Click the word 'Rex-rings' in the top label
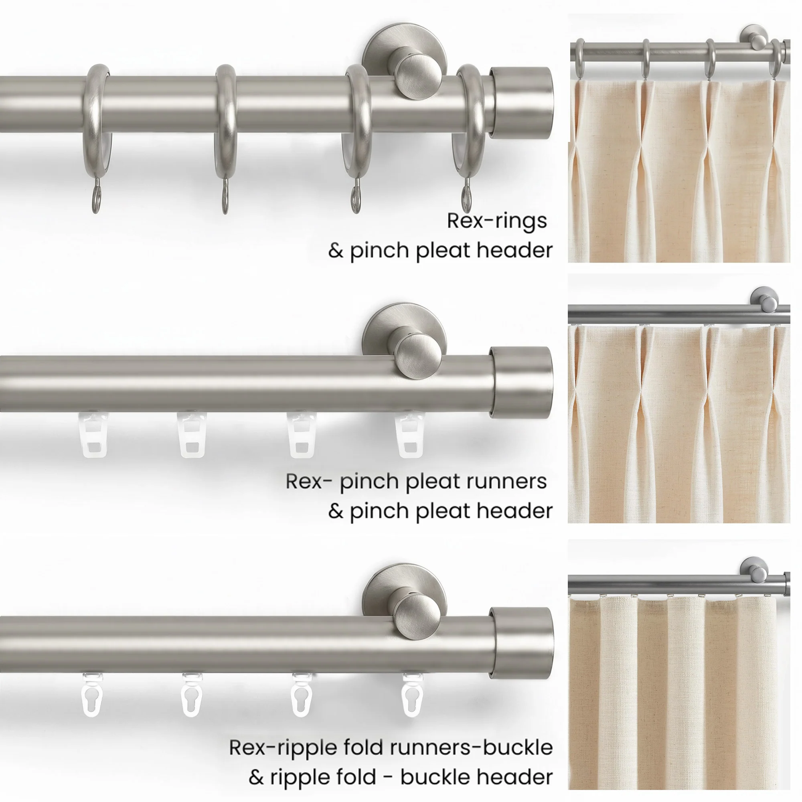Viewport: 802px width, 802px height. click(x=497, y=221)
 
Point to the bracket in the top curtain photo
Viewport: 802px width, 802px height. click(x=756, y=39)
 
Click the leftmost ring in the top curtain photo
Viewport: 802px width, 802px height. click(x=579, y=58)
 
